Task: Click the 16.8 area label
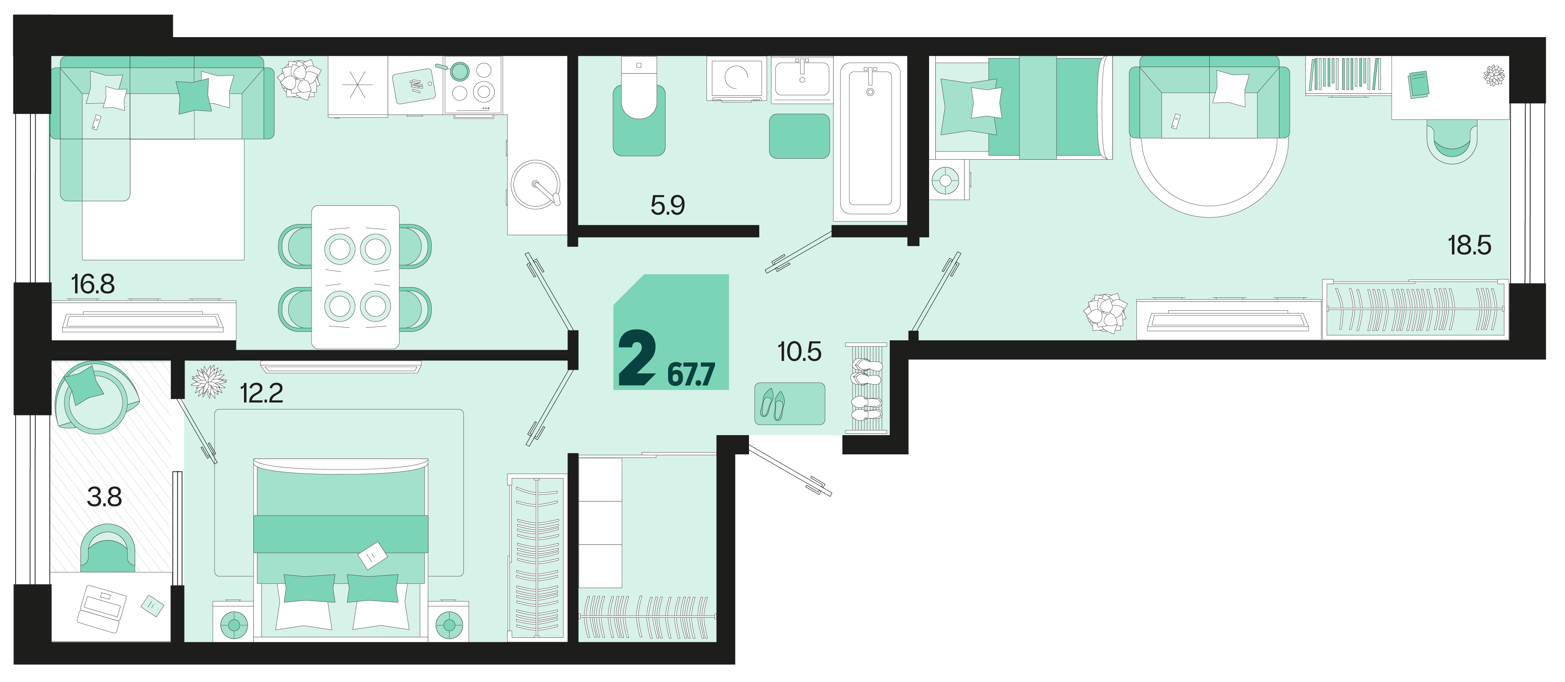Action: pos(93,284)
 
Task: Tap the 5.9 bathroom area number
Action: pos(668,205)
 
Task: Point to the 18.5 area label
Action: pos(1469,245)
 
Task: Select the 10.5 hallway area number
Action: pos(799,352)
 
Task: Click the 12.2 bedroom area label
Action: pos(262,393)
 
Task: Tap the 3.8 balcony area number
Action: pos(105,496)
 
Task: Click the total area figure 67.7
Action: pos(691,374)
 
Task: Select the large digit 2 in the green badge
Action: pos(637,358)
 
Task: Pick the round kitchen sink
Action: pos(535,185)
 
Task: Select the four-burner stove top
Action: pos(473,85)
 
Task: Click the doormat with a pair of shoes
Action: pos(790,403)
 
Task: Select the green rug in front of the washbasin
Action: pos(799,136)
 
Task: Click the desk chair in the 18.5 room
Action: pos(1452,140)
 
